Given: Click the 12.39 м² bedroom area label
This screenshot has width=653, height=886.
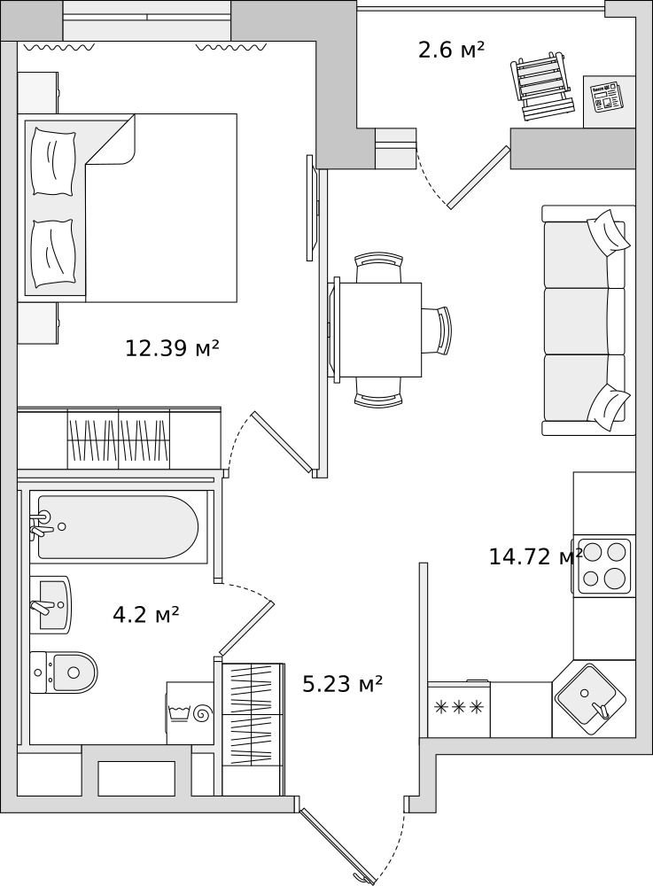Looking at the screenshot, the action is tap(172, 347).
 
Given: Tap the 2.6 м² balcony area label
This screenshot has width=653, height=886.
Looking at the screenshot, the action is tap(451, 50).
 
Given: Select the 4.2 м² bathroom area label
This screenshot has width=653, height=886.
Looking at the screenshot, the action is tap(145, 614).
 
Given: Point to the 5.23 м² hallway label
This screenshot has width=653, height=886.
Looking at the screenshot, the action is tap(342, 684).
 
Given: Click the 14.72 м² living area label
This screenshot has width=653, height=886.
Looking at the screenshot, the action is tap(535, 556).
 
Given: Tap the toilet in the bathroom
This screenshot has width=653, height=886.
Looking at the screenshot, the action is tap(63, 672).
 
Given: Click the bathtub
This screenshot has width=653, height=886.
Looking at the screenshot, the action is tap(118, 526).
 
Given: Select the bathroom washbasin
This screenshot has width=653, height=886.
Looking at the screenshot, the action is tap(50, 604).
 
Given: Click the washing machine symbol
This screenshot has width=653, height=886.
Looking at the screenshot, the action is tap(190, 713).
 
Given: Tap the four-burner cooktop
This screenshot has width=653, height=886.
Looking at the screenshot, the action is tap(604, 565).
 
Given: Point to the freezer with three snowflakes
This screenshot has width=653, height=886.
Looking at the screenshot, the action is tap(459, 709).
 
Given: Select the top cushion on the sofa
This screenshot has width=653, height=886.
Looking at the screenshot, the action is tap(609, 232).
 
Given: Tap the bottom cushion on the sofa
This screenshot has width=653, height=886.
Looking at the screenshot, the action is tap(609, 407).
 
